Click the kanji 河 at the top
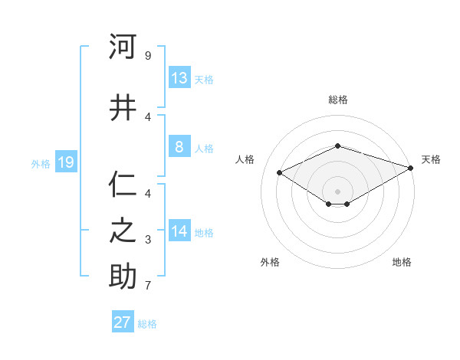pyautogui.click(x=123, y=47)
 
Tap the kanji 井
pyautogui.click(x=123, y=107)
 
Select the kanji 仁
pyautogui.click(x=123, y=185)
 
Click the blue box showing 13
pyautogui.click(x=179, y=78)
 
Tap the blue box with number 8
pyautogui.click(x=179, y=147)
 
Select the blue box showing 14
pyautogui.click(x=179, y=231)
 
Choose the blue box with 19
pyautogui.click(x=65, y=162)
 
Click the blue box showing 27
pyautogui.click(x=123, y=322)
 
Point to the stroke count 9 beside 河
pyautogui.click(x=147, y=56)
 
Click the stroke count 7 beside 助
pyautogui.click(x=147, y=286)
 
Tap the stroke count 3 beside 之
pyautogui.click(x=147, y=240)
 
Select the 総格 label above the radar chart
pyautogui.click(x=337, y=100)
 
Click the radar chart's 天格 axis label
pyautogui.click(x=431, y=159)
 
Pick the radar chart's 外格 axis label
pyautogui.click(x=270, y=262)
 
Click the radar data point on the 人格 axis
pyautogui.click(x=280, y=173)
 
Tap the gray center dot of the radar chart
pyautogui.click(x=337, y=191)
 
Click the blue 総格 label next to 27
pyautogui.click(x=147, y=324)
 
